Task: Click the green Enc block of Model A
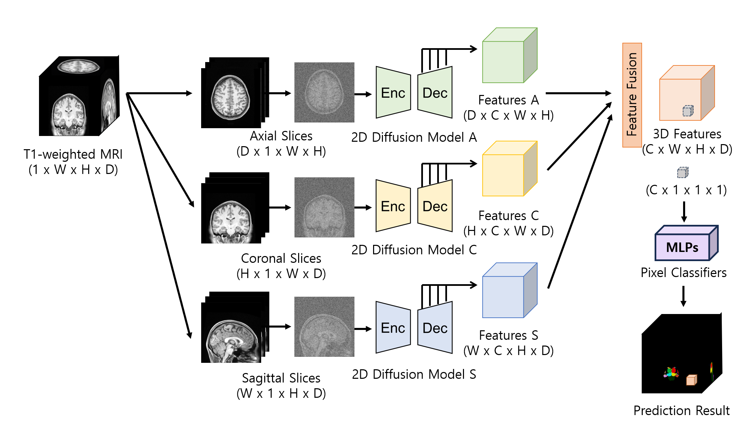click(x=393, y=93)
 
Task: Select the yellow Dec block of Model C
click(x=435, y=206)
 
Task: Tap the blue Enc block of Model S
click(x=393, y=328)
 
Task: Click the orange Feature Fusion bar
click(x=632, y=95)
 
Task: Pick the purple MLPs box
click(x=686, y=243)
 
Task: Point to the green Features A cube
click(x=510, y=55)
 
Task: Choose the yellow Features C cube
click(x=510, y=169)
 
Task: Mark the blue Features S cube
click(x=510, y=290)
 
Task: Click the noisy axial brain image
click(x=324, y=92)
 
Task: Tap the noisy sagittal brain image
click(x=324, y=327)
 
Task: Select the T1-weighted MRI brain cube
click(x=79, y=96)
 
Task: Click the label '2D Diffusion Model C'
click(x=414, y=250)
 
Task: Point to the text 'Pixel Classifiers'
click(x=683, y=273)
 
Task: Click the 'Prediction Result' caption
click(x=681, y=410)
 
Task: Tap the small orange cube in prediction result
click(x=692, y=380)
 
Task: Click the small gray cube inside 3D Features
click(x=688, y=111)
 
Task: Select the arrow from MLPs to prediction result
click(x=683, y=296)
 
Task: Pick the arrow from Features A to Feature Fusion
click(x=579, y=93)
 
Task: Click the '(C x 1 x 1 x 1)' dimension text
click(x=686, y=190)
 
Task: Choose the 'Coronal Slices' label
click(x=281, y=258)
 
